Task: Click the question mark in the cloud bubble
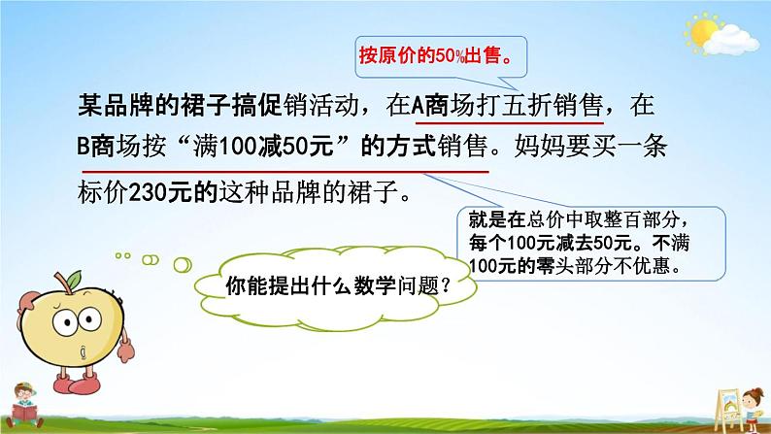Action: click(446, 285)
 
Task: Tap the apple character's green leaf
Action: click(73, 281)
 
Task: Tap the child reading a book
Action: click(23, 405)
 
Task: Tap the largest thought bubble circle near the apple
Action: click(183, 265)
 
